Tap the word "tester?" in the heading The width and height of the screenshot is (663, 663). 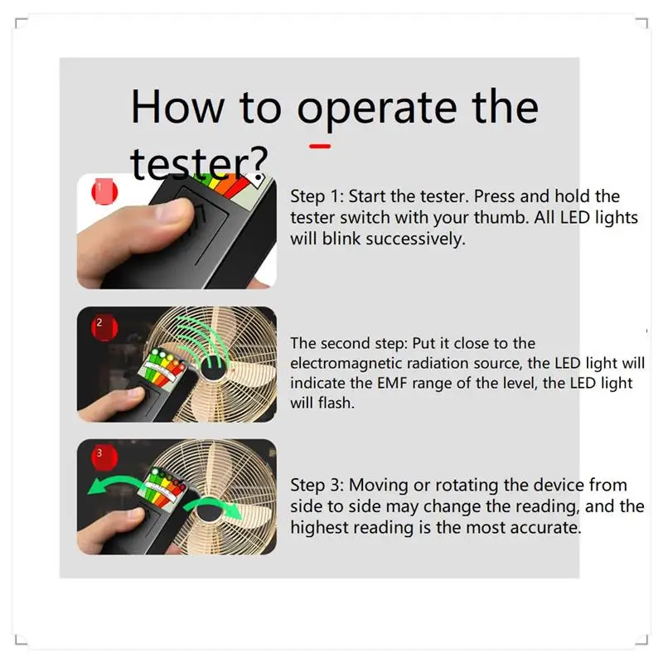pos(199,162)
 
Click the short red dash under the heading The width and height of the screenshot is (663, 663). pos(320,147)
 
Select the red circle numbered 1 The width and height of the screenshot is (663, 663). pos(104,191)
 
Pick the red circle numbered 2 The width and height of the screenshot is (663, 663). pos(104,327)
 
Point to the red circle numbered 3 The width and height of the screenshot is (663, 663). pos(104,457)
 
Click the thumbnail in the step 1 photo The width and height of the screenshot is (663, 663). pos(174,211)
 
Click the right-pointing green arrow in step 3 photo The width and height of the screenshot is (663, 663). pos(214,508)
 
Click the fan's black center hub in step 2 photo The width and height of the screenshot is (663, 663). pos(211,366)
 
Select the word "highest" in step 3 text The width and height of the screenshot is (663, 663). pos(319,528)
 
